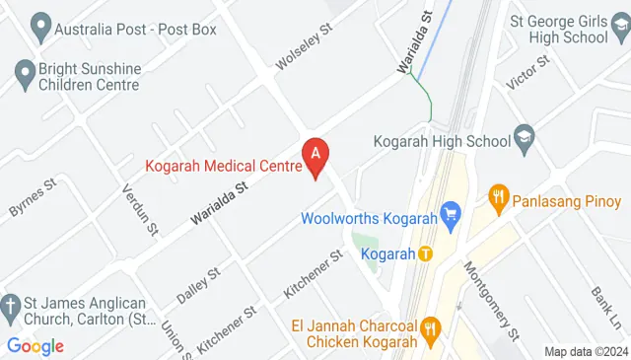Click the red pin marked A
point(315,156)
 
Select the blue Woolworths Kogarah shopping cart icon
point(453,213)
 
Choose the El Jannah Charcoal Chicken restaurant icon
point(430,327)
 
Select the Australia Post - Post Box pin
point(39,28)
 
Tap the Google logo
point(35,346)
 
